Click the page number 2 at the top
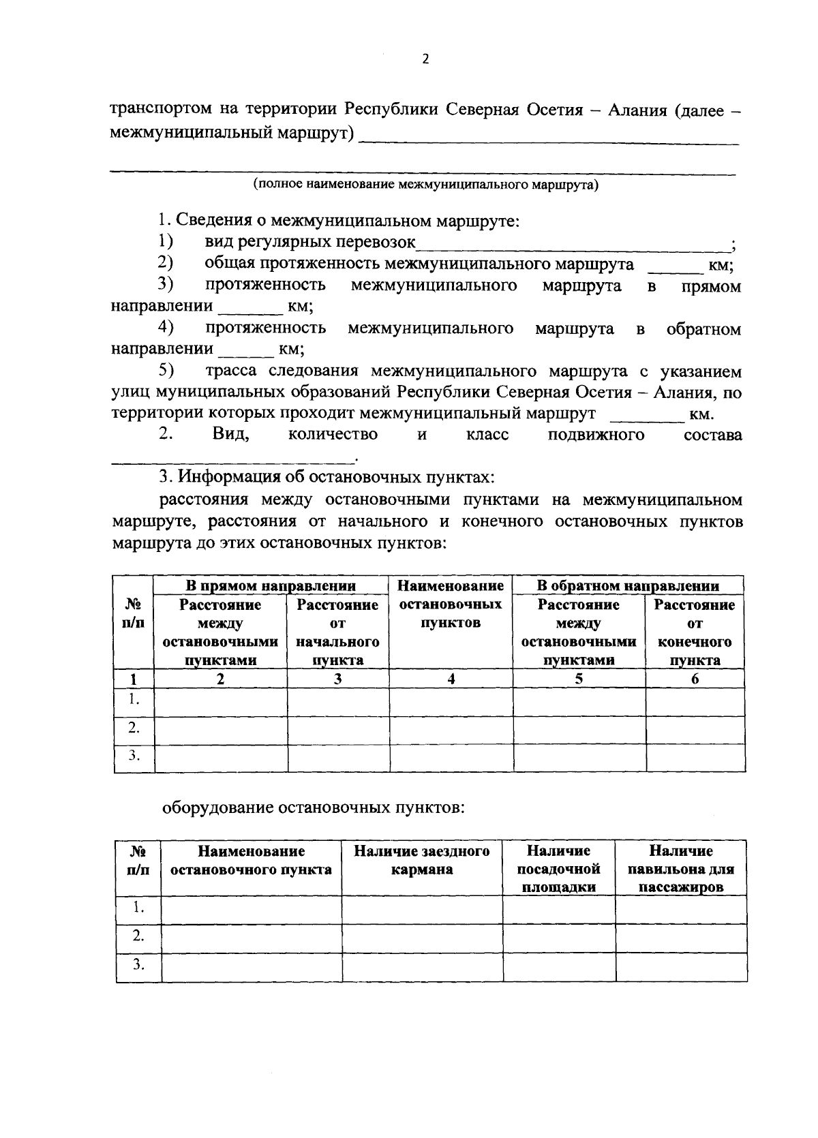pyautogui.click(x=425, y=59)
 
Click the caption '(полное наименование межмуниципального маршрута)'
pyautogui.click(x=425, y=185)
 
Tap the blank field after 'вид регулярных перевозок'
pyautogui.click(x=573, y=243)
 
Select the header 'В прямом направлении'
pyautogui.click(x=271, y=585)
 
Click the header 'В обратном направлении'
pyautogui.click(x=627, y=585)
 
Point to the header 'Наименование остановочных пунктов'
pyautogui.click(x=451, y=604)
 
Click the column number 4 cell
pyautogui.click(x=451, y=679)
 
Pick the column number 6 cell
pyautogui.click(x=695, y=679)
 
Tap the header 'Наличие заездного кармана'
pyautogui.click(x=422, y=861)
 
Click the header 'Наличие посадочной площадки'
pyautogui.click(x=558, y=869)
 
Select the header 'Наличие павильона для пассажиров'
pyautogui.click(x=680, y=869)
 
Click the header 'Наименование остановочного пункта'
pyautogui.click(x=251, y=861)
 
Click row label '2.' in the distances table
pyautogui.click(x=134, y=728)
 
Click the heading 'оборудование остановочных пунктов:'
pyautogui.click(x=314, y=808)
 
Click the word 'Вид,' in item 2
pyautogui.click(x=230, y=435)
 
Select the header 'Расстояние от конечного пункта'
pyautogui.click(x=695, y=632)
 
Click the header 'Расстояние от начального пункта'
pyautogui.click(x=337, y=632)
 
